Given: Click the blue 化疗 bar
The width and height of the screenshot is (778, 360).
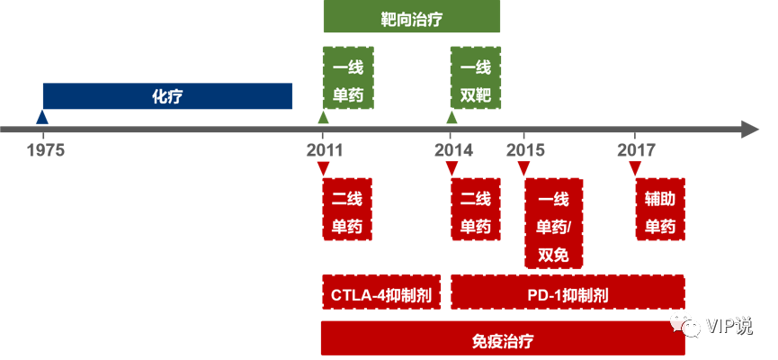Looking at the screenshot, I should [x=167, y=96].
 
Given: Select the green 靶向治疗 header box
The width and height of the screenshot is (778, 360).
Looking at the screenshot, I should [x=411, y=17].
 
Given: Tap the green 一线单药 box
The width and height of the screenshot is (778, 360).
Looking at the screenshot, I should [x=347, y=79].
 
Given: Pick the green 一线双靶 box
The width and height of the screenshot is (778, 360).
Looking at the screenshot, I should [x=475, y=79].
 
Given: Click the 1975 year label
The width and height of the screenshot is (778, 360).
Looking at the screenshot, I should [x=45, y=149].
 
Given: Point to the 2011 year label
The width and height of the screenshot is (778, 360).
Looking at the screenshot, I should [x=324, y=149].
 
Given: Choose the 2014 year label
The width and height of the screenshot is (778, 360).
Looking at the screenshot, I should [x=453, y=149].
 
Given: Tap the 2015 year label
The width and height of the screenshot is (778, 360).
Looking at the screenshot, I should [x=525, y=149].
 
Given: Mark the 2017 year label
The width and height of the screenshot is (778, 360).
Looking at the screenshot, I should [x=636, y=149].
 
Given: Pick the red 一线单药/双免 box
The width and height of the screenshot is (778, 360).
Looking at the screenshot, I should [x=554, y=224].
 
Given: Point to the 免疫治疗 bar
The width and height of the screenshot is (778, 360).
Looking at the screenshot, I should [x=502, y=340].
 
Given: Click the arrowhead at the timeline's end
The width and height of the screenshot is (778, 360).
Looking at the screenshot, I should [x=751, y=130].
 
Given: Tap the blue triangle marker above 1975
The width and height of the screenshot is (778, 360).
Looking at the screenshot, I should [x=41, y=117].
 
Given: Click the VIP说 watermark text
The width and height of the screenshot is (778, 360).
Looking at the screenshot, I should [x=729, y=325].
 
